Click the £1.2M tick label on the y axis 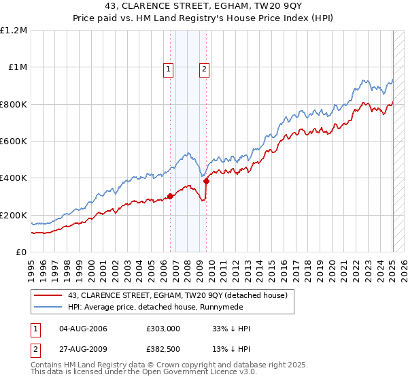[x=14, y=31]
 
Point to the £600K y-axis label [x=14, y=142]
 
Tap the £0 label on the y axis [x=22, y=252]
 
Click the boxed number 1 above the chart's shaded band [x=168, y=68]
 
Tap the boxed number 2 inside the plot [x=204, y=68]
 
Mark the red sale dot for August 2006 [x=170, y=196]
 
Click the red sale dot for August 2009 [x=207, y=181]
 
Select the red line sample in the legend [x=49, y=295]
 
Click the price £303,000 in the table [x=163, y=329]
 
